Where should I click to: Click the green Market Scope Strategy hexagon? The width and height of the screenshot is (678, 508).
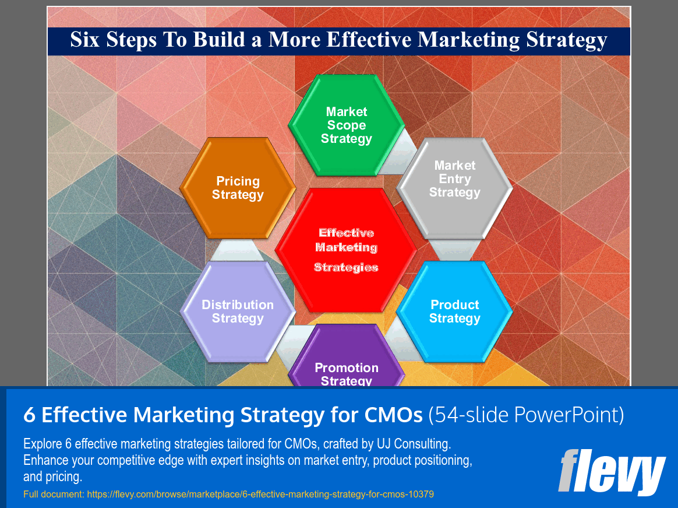(347, 125)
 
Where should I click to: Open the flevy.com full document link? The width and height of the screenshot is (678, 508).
(260, 495)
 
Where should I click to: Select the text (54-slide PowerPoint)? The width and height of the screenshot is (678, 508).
(526, 415)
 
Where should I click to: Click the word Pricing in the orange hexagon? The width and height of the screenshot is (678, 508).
(238, 181)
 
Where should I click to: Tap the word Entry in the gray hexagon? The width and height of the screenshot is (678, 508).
(455, 179)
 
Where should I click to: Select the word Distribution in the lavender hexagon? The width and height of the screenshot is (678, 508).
(238, 305)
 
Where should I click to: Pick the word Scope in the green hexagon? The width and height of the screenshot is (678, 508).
(347, 125)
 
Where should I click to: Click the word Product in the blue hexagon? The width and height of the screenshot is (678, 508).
(455, 305)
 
